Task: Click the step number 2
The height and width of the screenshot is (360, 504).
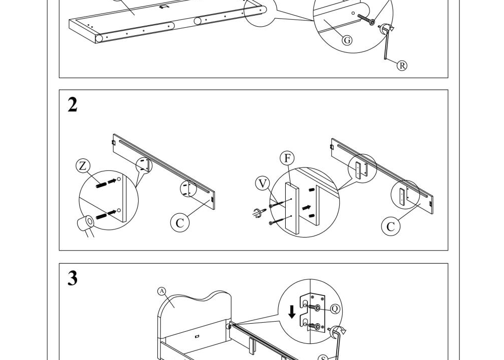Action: click(x=73, y=105)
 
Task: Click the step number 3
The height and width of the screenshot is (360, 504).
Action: click(x=73, y=278)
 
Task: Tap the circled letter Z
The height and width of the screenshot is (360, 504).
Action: click(x=83, y=166)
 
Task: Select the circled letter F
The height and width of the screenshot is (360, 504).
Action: click(x=287, y=158)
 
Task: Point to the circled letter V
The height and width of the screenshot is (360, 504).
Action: click(x=263, y=184)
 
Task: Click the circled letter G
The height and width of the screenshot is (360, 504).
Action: click(x=347, y=40)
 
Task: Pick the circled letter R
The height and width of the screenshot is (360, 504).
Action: click(x=402, y=66)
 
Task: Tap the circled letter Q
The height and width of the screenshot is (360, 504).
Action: click(x=335, y=309)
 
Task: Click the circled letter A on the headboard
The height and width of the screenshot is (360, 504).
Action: click(x=162, y=291)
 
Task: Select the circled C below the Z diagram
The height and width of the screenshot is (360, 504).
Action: click(x=180, y=222)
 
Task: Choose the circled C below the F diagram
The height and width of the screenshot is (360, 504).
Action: click(x=391, y=226)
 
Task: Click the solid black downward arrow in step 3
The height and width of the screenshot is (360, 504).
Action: click(x=292, y=312)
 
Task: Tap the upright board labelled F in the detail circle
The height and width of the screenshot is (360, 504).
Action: click(x=292, y=208)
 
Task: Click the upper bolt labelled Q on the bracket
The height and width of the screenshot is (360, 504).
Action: click(x=314, y=308)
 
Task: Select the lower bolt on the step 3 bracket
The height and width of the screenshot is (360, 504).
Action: click(x=314, y=326)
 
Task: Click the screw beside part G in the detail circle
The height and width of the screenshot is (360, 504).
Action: click(x=366, y=19)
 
